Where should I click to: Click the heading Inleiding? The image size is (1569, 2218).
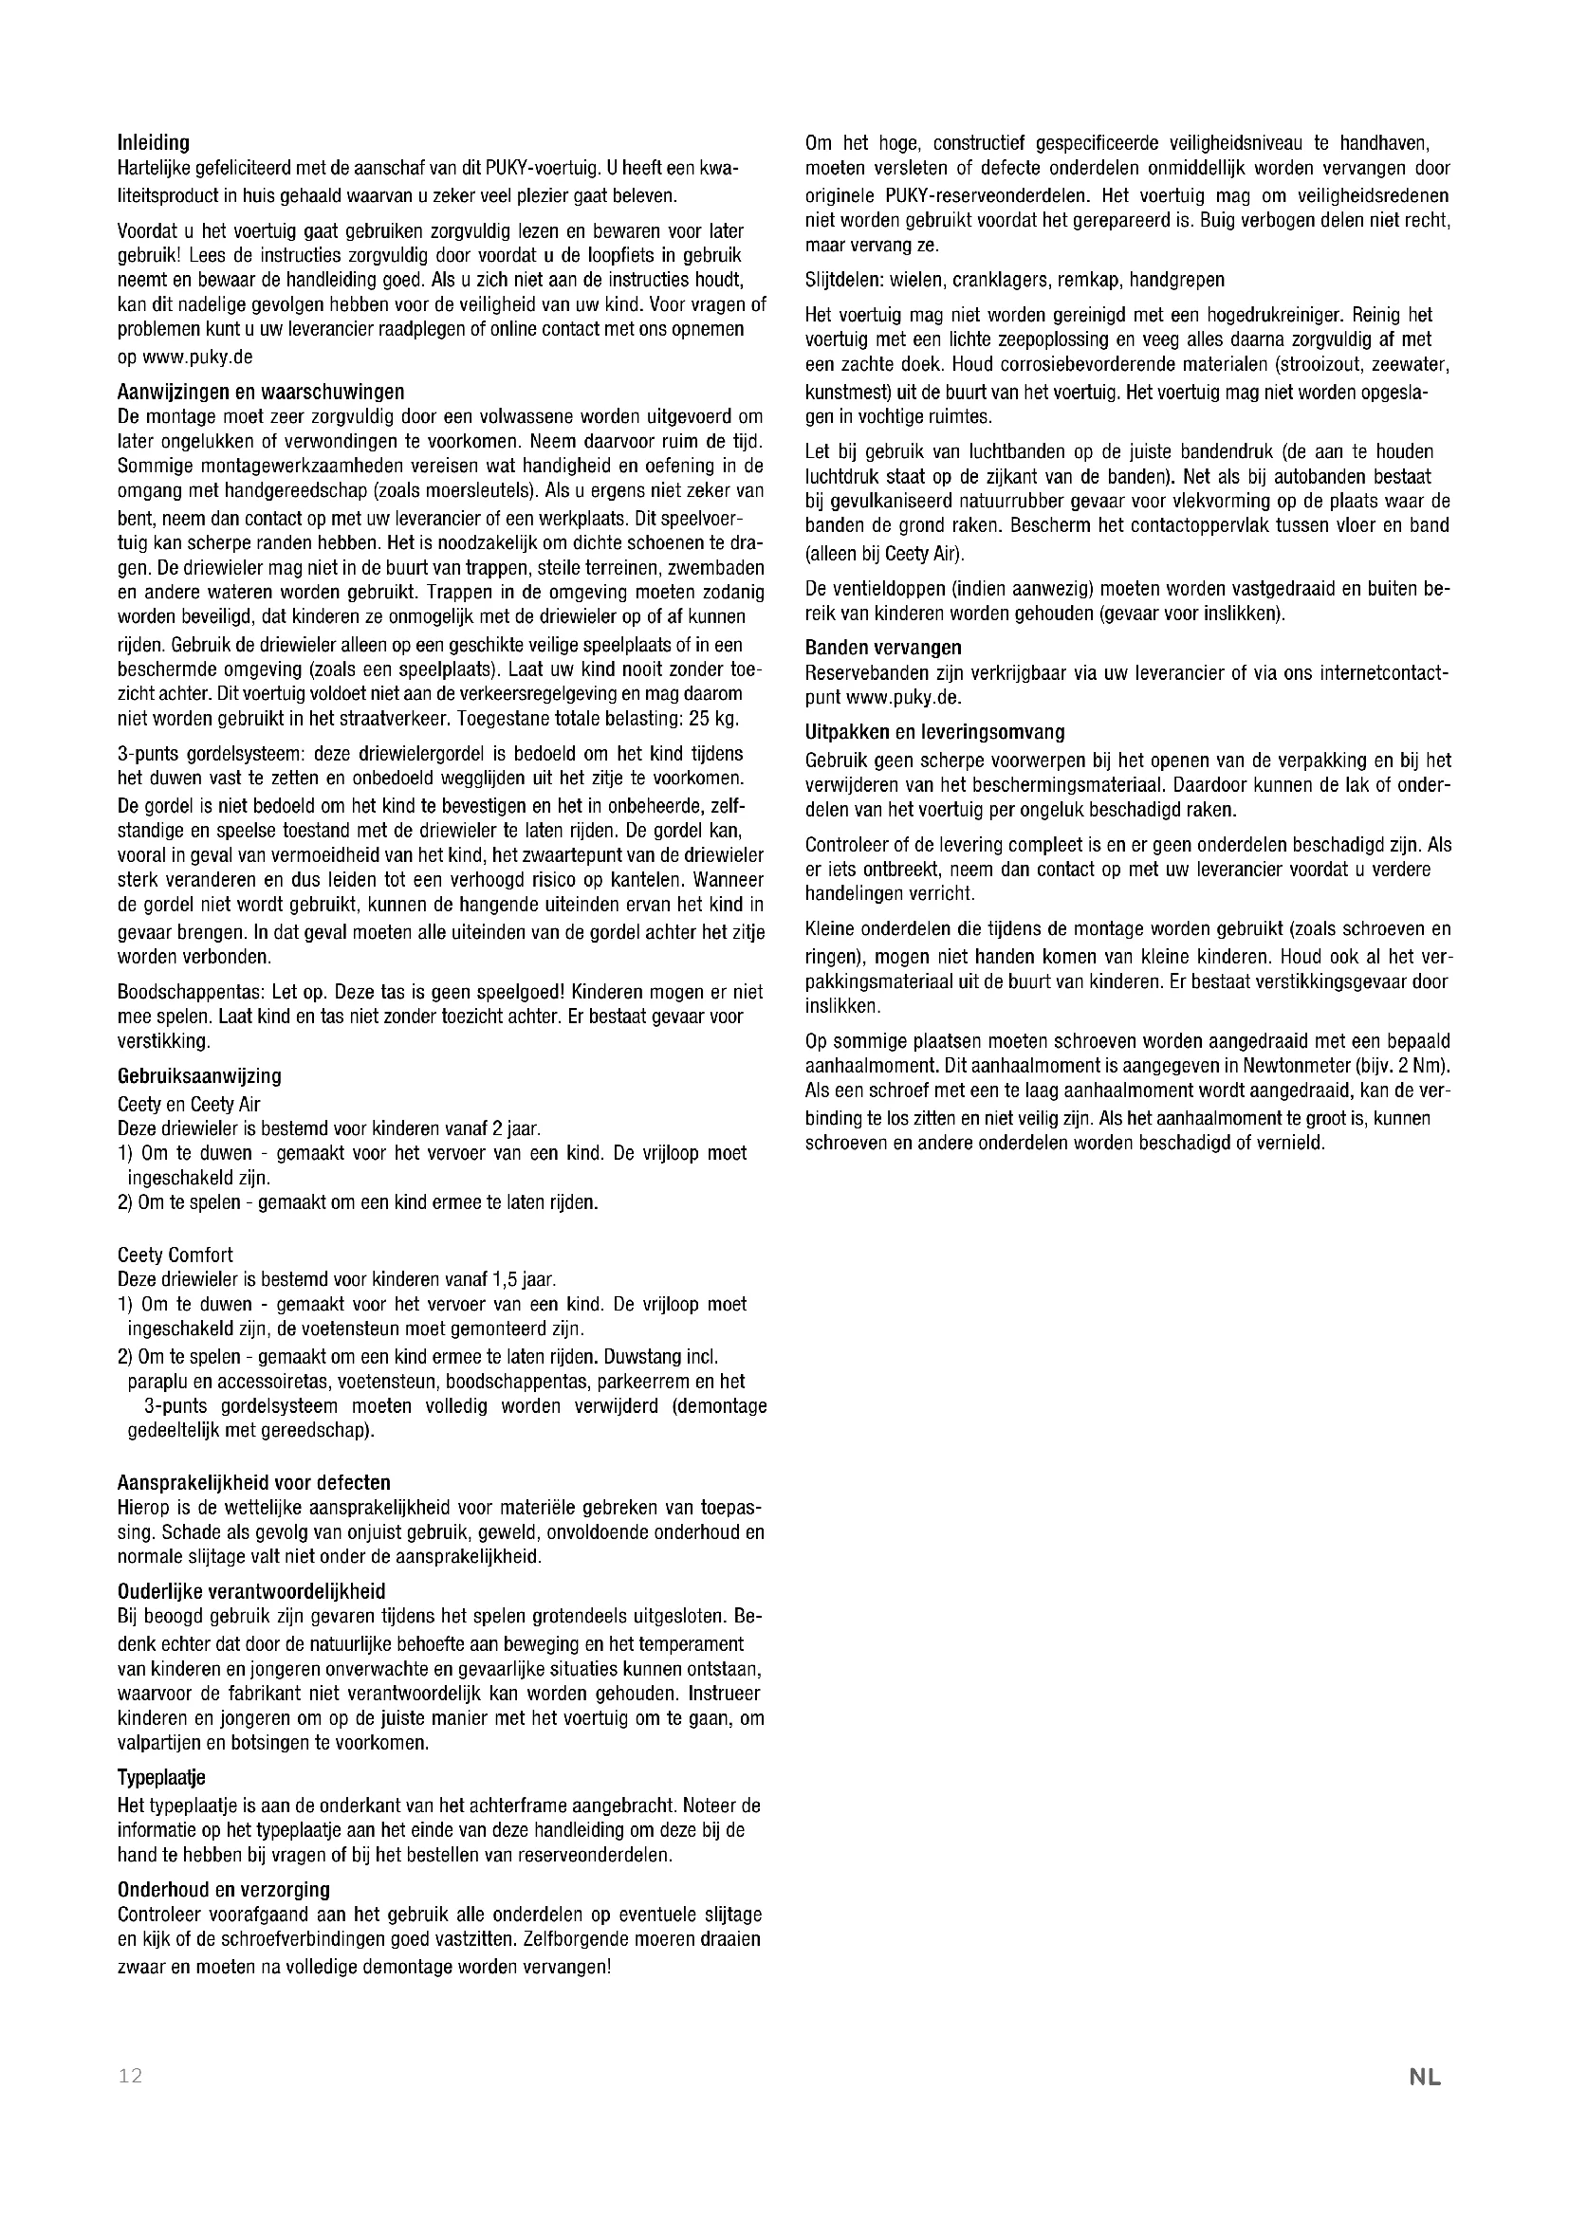tap(153, 144)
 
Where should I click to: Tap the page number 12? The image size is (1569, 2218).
tap(130, 2076)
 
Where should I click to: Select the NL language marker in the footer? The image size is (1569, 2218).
tap(1424, 2077)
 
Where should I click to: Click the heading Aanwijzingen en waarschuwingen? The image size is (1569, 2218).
tap(261, 393)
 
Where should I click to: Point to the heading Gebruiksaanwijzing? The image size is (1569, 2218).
tap(199, 1075)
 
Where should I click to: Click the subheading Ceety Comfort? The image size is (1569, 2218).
tap(175, 1255)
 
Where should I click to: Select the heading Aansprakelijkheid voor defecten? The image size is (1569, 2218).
tap(254, 1482)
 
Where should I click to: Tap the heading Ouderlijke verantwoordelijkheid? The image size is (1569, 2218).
tap(251, 1591)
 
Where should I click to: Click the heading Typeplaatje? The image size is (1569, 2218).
tap(161, 1777)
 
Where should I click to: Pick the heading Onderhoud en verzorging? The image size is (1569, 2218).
tap(223, 1889)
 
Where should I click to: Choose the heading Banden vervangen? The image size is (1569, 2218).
tap(883, 648)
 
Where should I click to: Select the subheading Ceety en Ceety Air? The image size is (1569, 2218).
tap(189, 1103)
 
